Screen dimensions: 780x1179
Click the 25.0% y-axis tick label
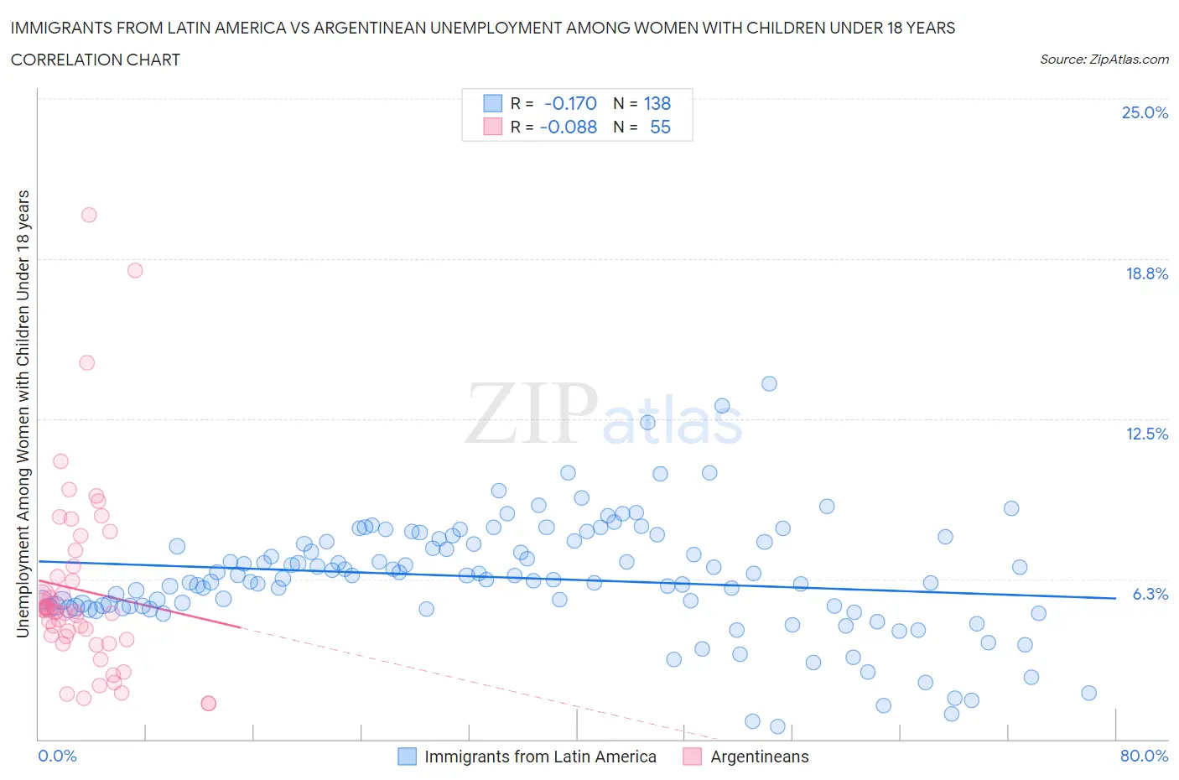1145,112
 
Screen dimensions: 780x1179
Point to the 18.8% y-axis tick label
1146,273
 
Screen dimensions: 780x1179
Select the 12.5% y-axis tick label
1146,434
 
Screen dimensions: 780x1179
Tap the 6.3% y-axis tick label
1150,594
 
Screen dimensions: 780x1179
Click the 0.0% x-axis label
57,756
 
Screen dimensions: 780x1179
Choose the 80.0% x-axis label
1144,756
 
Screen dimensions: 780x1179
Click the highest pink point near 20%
89,215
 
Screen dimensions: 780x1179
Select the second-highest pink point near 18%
135,270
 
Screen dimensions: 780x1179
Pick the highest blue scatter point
769,383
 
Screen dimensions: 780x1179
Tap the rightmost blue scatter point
1088,693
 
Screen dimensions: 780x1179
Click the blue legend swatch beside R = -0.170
492,103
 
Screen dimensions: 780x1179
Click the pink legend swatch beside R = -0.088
492,127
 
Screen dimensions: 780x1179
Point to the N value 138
657,103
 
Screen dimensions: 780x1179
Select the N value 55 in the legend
660,127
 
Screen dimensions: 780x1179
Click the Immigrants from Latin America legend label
540,757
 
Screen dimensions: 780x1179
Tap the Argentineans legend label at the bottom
759,757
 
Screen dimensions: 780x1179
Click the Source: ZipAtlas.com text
1104,59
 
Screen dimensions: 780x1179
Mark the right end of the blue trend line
1115,598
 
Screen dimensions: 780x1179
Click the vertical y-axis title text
23,413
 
